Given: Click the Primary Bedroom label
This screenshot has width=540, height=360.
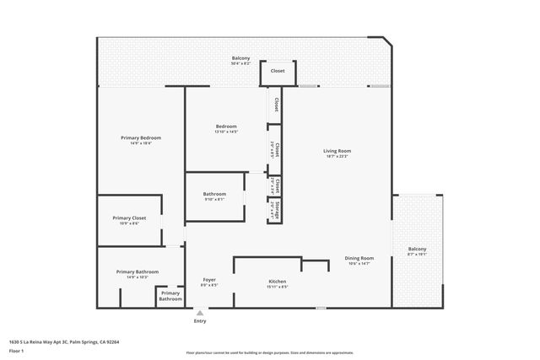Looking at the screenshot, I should (x=141, y=137).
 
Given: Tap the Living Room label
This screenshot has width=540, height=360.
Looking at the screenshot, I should (x=336, y=151).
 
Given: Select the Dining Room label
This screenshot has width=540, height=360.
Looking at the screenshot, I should (x=359, y=258).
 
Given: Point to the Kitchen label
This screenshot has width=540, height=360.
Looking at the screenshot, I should (x=278, y=281).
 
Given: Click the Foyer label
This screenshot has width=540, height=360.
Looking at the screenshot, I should (x=209, y=279).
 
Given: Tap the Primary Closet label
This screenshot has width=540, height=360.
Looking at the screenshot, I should (x=129, y=218).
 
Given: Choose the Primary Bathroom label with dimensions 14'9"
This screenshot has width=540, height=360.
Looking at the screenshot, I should (x=138, y=271).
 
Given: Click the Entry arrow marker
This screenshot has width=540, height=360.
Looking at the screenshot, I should (x=200, y=312).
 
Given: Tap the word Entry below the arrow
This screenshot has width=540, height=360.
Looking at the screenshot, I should (x=200, y=321).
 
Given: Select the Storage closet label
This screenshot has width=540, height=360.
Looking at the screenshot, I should (x=276, y=211).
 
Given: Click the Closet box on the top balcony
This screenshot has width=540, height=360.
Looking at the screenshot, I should (x=277, y=71).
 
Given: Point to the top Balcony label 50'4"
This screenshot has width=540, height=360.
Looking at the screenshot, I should (x=240, y=58).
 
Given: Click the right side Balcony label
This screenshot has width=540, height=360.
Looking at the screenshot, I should (x=417, y=249).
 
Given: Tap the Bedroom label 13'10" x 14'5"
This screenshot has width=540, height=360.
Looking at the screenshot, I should (x=226, y=126).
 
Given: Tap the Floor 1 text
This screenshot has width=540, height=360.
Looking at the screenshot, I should (x=17, y=351).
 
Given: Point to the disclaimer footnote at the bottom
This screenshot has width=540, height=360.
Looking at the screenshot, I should (x=270, y=352).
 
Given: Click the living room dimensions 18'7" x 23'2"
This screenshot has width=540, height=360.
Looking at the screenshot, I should (x=336, y=157).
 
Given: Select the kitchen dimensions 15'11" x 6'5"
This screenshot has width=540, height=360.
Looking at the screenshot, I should (x=278, y=287).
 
